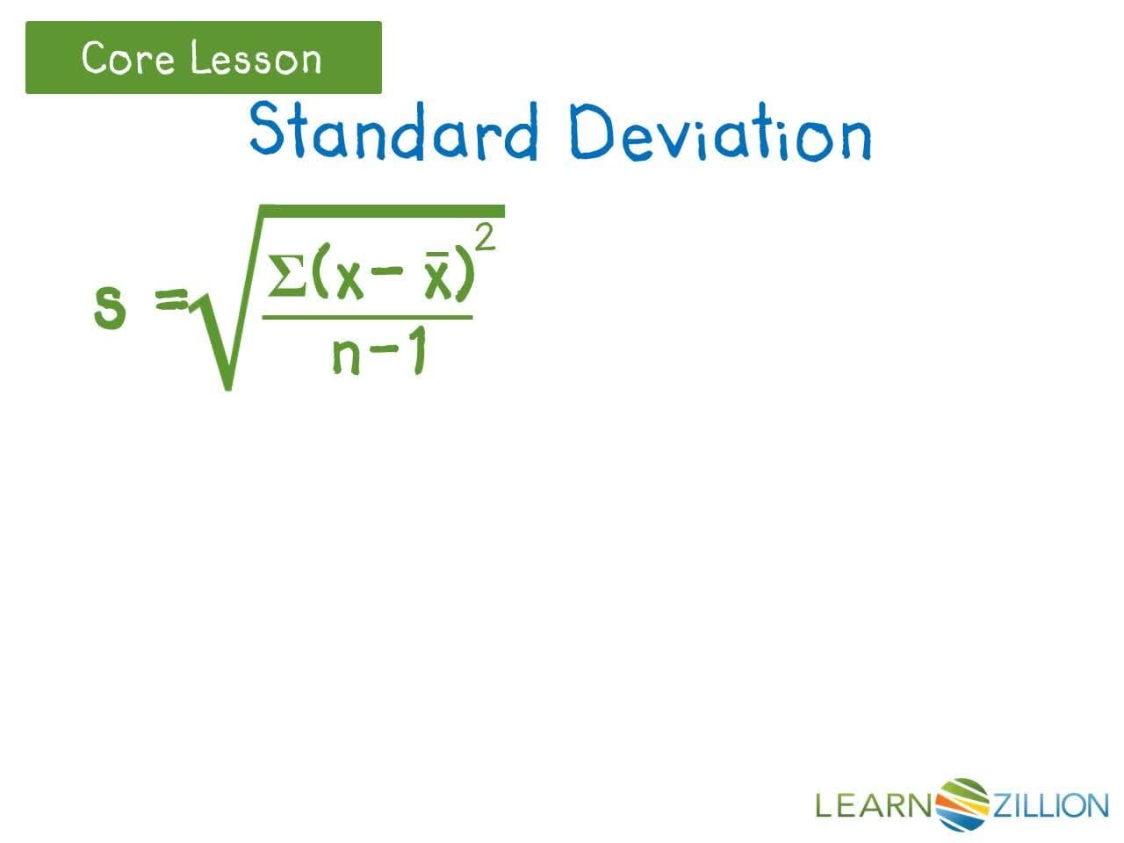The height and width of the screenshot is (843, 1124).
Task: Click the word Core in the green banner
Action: (x=131, y=59)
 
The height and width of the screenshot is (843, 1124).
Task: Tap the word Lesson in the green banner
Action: (x=256, y=59)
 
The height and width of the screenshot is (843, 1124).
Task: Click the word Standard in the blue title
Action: (x=393, y=132)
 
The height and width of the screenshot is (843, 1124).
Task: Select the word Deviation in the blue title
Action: (x=720, y=133)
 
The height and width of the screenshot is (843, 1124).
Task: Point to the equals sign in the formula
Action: (x=170, y=300)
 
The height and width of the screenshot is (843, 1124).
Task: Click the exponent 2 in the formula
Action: (x=486, y=236)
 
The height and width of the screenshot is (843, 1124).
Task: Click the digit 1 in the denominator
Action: (x=418, y=354)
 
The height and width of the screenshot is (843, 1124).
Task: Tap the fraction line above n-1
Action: (x=367, y=318)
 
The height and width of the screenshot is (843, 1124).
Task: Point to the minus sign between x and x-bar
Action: (x=384, y=273)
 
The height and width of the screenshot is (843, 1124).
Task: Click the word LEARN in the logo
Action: (x=873, y=804)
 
